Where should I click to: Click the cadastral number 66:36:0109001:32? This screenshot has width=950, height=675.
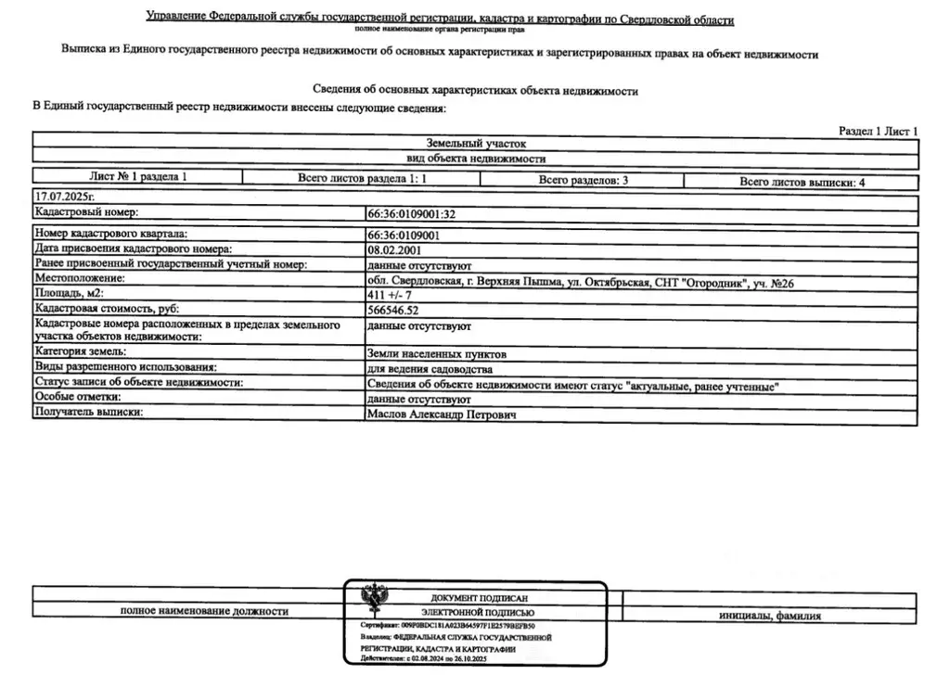pyautogui.click(x=411, y=214)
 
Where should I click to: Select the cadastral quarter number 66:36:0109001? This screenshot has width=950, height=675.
pyautogui.click(x=404, y=236)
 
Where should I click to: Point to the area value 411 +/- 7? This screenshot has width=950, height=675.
pyautogui.click(x=391, y=294)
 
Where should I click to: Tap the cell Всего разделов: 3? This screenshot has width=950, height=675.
pyautogui.click(x=583, y=181)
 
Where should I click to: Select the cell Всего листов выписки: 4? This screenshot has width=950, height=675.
pyautogui.click(x=802, y=183)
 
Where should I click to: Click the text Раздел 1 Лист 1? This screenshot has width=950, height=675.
pyautogui.click(x=878, y=132)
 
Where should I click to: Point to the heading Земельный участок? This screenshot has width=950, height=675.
pyautogui.click(x=475, y=145)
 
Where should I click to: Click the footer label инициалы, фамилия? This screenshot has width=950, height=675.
pyautogui.click(x=770, y=616)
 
